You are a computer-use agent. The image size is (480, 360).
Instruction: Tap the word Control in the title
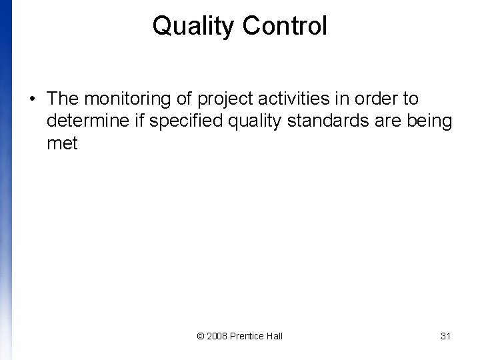coord(285,27)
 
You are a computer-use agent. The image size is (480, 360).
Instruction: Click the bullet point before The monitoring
coord(32,99)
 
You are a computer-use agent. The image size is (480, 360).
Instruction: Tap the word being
coord(433,122)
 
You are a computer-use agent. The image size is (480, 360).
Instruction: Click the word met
coord(63,143)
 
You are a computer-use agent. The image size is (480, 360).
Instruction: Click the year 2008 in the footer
coord(217,336)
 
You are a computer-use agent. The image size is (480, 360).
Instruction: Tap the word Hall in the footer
coord(274,336)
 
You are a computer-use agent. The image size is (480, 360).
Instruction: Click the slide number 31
coord(446,336)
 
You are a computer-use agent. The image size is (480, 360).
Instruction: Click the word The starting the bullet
coord(63,99)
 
